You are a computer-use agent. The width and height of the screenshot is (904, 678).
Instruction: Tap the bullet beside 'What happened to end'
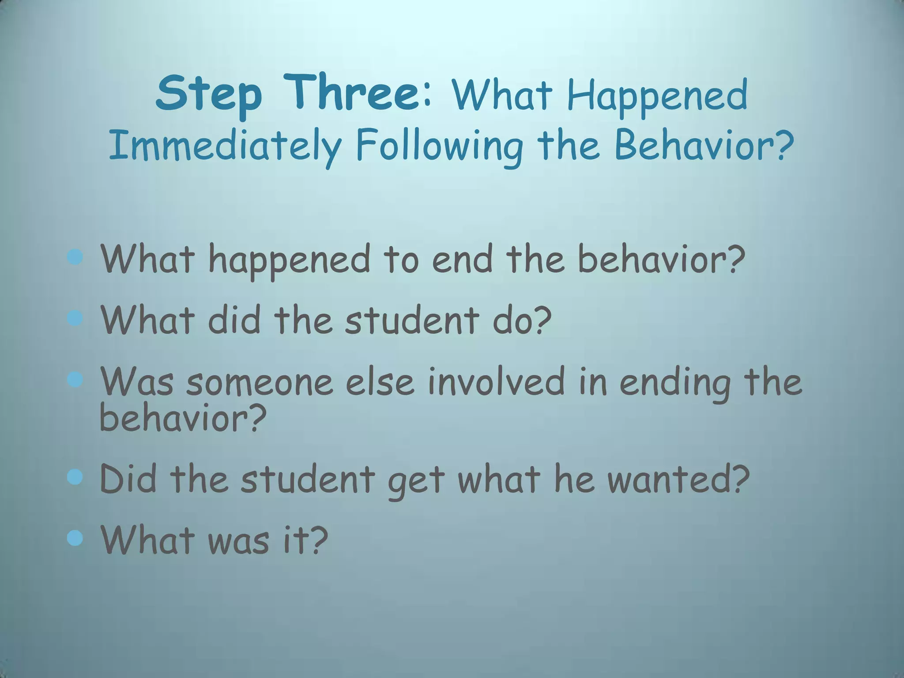[x=76, y=257]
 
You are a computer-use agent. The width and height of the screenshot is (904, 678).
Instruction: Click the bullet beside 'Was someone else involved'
[x=76, y=379]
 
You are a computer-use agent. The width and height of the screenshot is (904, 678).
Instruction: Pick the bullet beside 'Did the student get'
[x=76, y=477]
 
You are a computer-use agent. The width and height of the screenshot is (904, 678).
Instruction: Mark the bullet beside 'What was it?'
[x=76, y=538]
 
